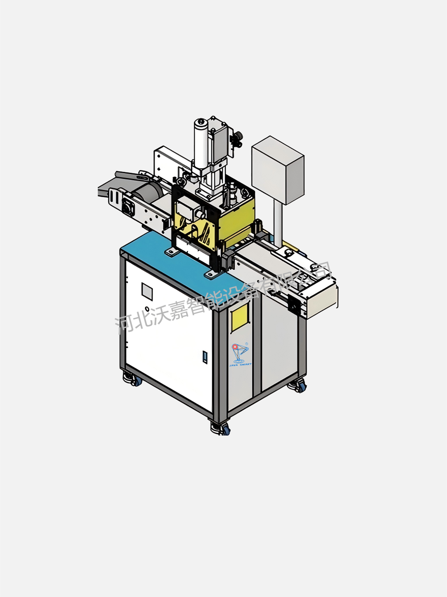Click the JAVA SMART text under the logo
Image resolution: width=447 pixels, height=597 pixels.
pyautogui.click(x=240, y=365)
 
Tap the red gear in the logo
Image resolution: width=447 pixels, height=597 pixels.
pyautogui.click(x=234, y=347)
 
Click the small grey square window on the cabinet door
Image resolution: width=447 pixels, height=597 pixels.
pyautogui.click(x=147, y=292)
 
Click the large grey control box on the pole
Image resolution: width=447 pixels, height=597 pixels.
pyautogui.click(x=278, y=170)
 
